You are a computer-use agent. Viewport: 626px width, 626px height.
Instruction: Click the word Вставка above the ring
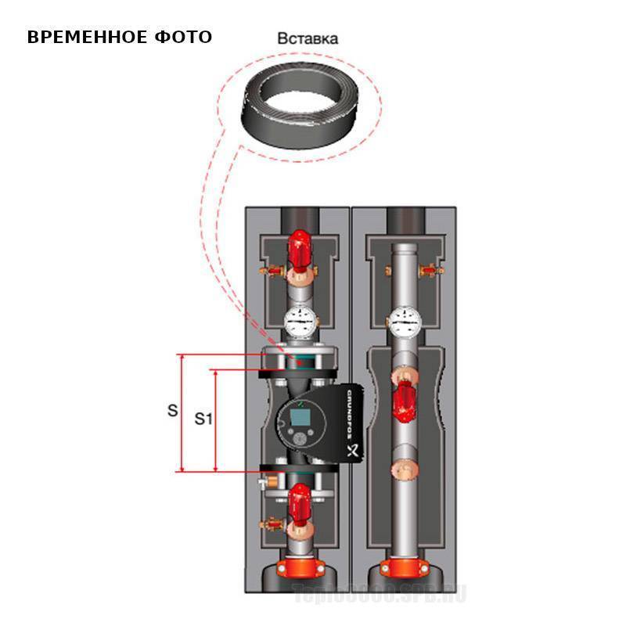click(x=309, y=38)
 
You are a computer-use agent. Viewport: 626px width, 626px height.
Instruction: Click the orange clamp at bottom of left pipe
click(x=299, y=566)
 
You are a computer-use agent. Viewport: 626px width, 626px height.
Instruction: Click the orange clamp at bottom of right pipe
click(x=402, y=566)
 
